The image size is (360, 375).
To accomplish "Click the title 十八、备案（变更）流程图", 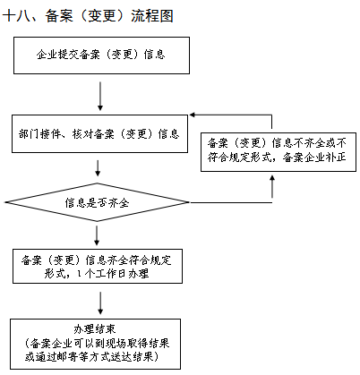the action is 88,15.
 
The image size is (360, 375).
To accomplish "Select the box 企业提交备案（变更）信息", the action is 101,55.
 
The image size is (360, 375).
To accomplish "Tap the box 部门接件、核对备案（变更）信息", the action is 99,134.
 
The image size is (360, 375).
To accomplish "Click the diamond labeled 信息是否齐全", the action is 97,202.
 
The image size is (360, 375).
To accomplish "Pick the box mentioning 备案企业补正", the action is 279,152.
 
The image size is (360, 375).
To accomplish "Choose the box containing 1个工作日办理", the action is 98,266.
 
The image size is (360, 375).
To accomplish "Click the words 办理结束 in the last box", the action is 95,329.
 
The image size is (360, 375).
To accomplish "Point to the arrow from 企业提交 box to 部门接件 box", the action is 100,96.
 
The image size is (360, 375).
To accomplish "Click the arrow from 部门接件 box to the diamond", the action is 98,168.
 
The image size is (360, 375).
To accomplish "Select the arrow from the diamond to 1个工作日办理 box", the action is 97,235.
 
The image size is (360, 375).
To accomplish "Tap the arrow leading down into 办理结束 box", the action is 100,303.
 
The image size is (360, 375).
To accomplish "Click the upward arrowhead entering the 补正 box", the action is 272,178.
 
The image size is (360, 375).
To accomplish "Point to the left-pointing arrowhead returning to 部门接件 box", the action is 193,115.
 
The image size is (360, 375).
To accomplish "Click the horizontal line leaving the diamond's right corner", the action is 231,202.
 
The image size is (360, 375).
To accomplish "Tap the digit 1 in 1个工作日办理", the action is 79,273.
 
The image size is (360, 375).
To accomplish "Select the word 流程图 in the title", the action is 152,15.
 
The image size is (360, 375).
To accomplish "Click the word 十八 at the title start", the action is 16,15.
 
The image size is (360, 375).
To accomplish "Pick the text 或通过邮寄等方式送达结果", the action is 92,357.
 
